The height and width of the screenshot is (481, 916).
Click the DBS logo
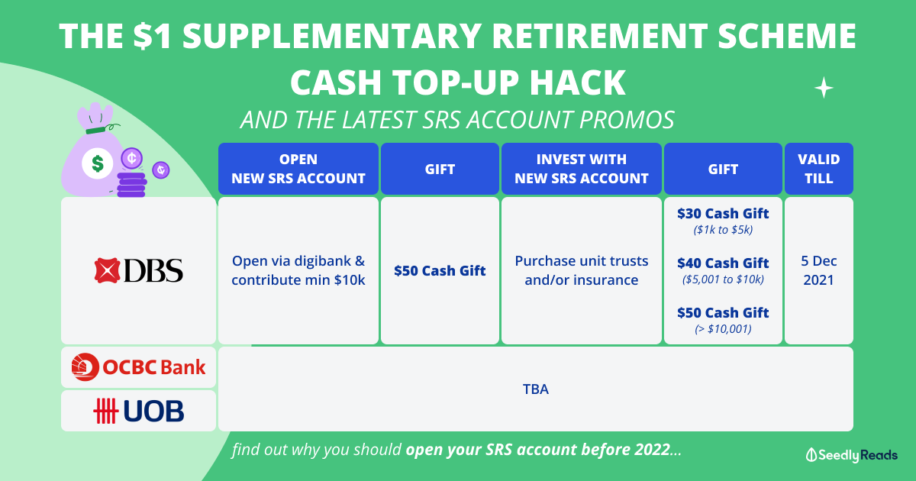click(x=139, y=270)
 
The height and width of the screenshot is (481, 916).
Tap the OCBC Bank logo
click(x=138, y=367)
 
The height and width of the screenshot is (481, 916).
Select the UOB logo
click(x=139, y=411)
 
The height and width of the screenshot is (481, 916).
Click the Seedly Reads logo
click(x=851, y=455)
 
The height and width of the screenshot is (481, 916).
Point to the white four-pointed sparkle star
click(x=824, y=88)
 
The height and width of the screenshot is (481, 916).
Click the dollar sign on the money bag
click(x=98, y=163)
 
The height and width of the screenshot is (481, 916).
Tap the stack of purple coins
click(x=131, y=185)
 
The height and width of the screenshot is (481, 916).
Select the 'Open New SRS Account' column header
click(x=298, y=169)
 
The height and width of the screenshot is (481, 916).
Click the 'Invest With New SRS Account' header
click(x=581, y=169)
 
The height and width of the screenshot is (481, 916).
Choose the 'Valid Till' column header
click(x=818, y=169)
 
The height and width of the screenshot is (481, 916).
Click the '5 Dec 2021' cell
click(x=818, y=270)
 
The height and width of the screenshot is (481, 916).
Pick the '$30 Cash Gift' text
click(x=723, y=214)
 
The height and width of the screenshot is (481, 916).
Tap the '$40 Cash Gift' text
click(x=723, y=263)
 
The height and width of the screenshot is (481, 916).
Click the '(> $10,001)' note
click(x=723, y=329)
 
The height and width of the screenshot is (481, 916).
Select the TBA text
click(x=536, y=389)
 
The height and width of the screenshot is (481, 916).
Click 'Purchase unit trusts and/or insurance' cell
click(x=581, y=270)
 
